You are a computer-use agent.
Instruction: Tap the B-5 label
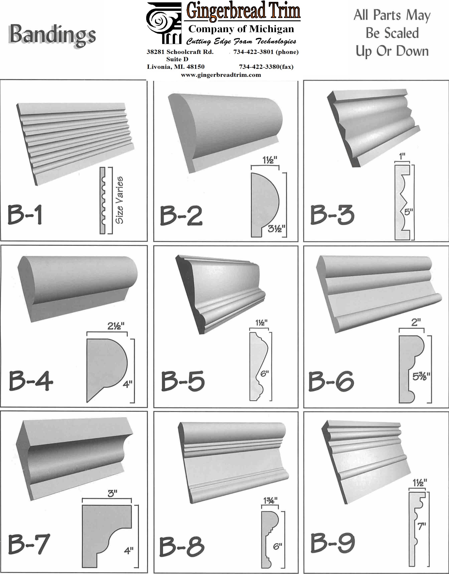183,381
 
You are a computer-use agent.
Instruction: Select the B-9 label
333,543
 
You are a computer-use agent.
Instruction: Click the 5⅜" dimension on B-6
421,377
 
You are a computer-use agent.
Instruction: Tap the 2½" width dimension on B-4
116,326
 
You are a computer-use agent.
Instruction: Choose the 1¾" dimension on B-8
270,501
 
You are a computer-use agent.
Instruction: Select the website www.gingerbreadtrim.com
221,75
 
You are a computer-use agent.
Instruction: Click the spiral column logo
164,23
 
